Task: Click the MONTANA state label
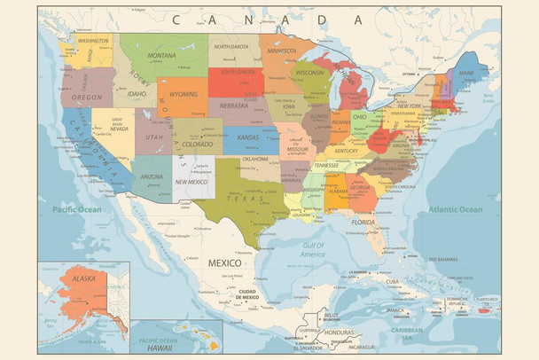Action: [161, 55]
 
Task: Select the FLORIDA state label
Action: [363, 221]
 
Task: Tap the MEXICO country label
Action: [224, 263]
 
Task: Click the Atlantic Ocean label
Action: [456, 209]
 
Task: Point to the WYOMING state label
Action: [184, 93]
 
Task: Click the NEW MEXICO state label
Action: [192, 181]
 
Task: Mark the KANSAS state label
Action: [247, 137]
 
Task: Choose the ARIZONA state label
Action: [151, 176]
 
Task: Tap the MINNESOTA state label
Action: [282, 51]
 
